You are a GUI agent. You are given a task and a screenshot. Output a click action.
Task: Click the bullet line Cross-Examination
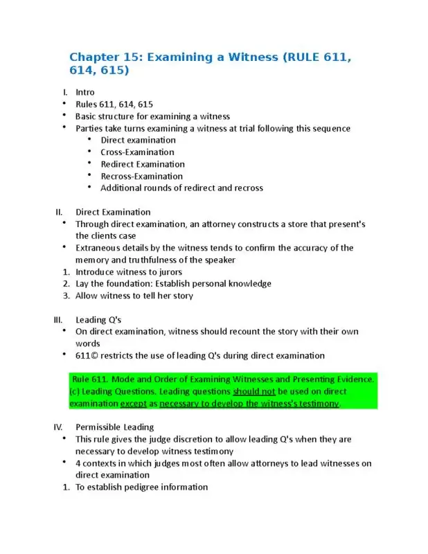[137, 152]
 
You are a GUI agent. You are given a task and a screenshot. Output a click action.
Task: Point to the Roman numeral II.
[60, 212]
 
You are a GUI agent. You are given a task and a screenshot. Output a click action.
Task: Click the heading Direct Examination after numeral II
[113, 212]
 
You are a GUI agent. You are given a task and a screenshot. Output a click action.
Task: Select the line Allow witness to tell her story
[134, 296]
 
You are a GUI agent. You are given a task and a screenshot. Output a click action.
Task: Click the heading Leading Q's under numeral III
[98, 319]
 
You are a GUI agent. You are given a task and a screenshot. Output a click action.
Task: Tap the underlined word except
[134, 403]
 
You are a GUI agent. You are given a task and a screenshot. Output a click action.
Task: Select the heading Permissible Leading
[114, 427]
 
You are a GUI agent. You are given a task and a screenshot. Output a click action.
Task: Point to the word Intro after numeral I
[85, 92]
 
